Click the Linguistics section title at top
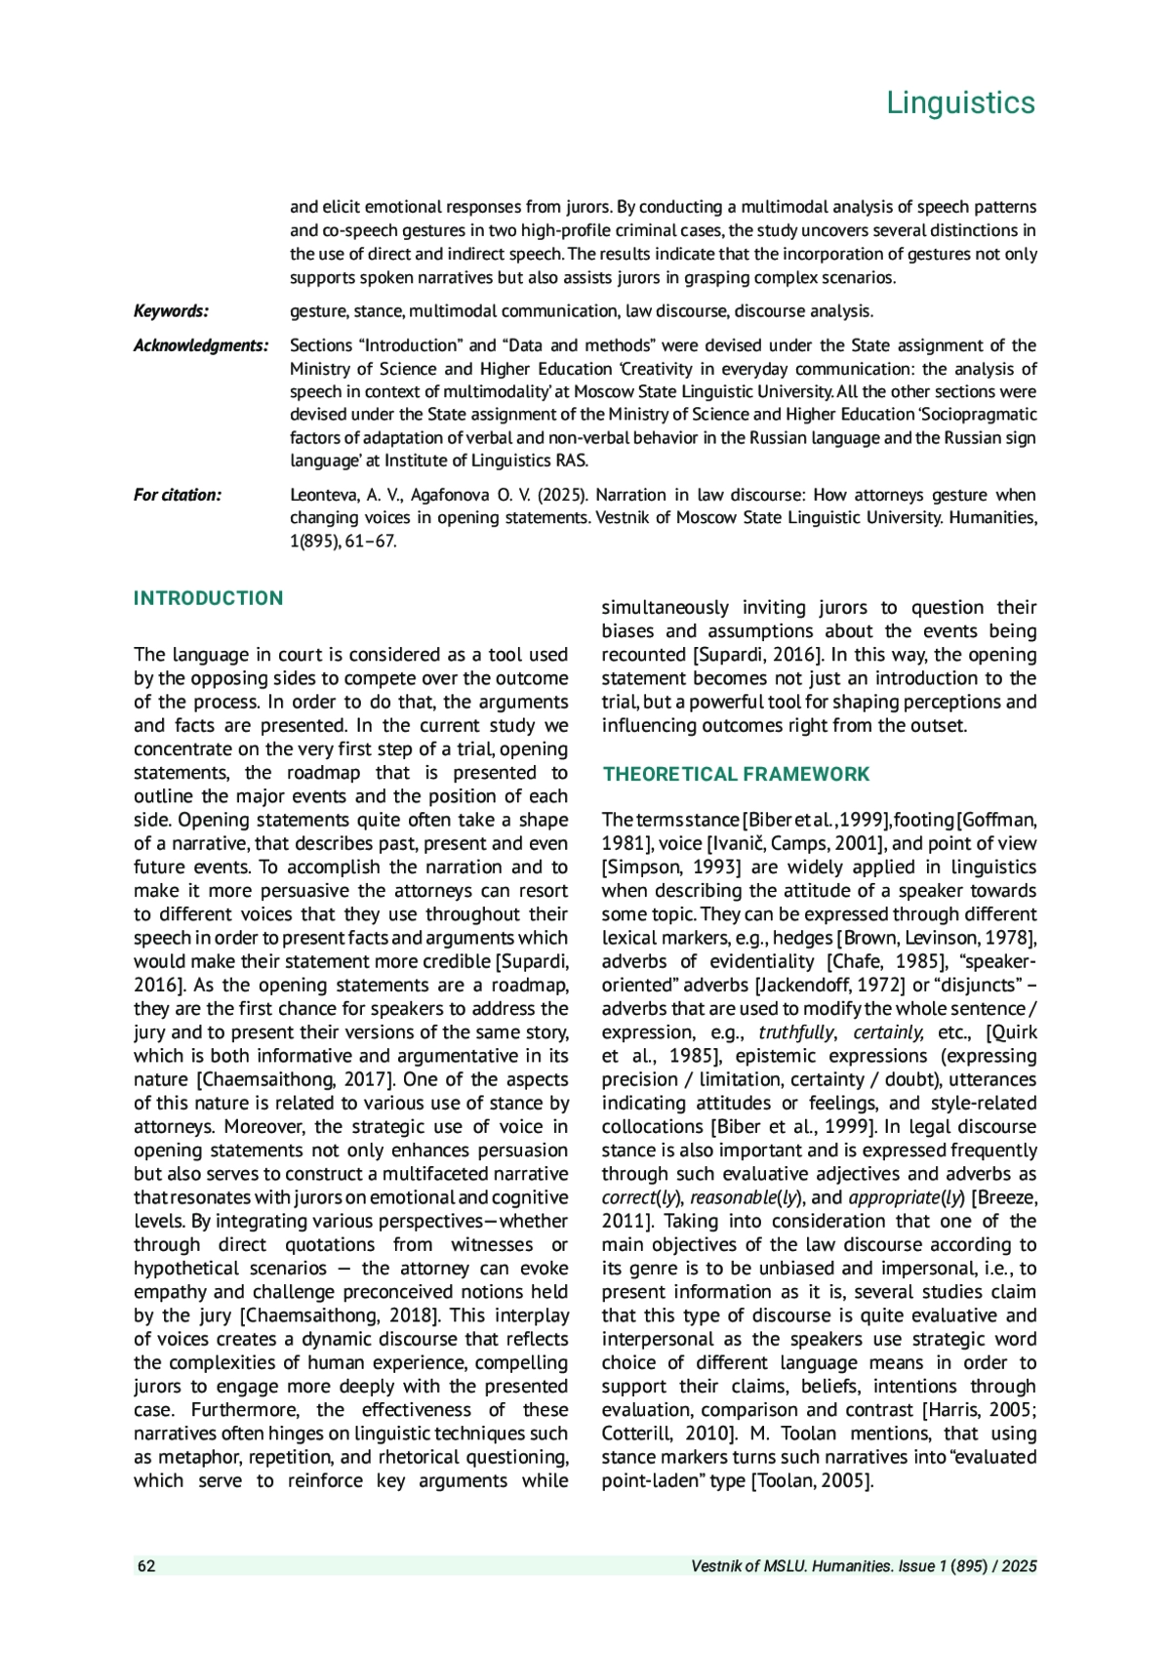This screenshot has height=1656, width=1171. [960, 102]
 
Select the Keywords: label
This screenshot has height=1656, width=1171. [171, 311]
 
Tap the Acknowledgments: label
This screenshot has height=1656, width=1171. [201, 345]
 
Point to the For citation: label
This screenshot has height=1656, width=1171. [178, 495]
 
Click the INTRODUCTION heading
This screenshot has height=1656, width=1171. [208, 598]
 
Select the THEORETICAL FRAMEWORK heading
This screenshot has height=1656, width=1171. [736, 775]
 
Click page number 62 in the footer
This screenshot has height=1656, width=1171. [146, 1566]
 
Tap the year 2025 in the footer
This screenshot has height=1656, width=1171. [1018, 1566]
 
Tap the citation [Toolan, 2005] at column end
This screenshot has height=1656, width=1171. [811, 1481]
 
